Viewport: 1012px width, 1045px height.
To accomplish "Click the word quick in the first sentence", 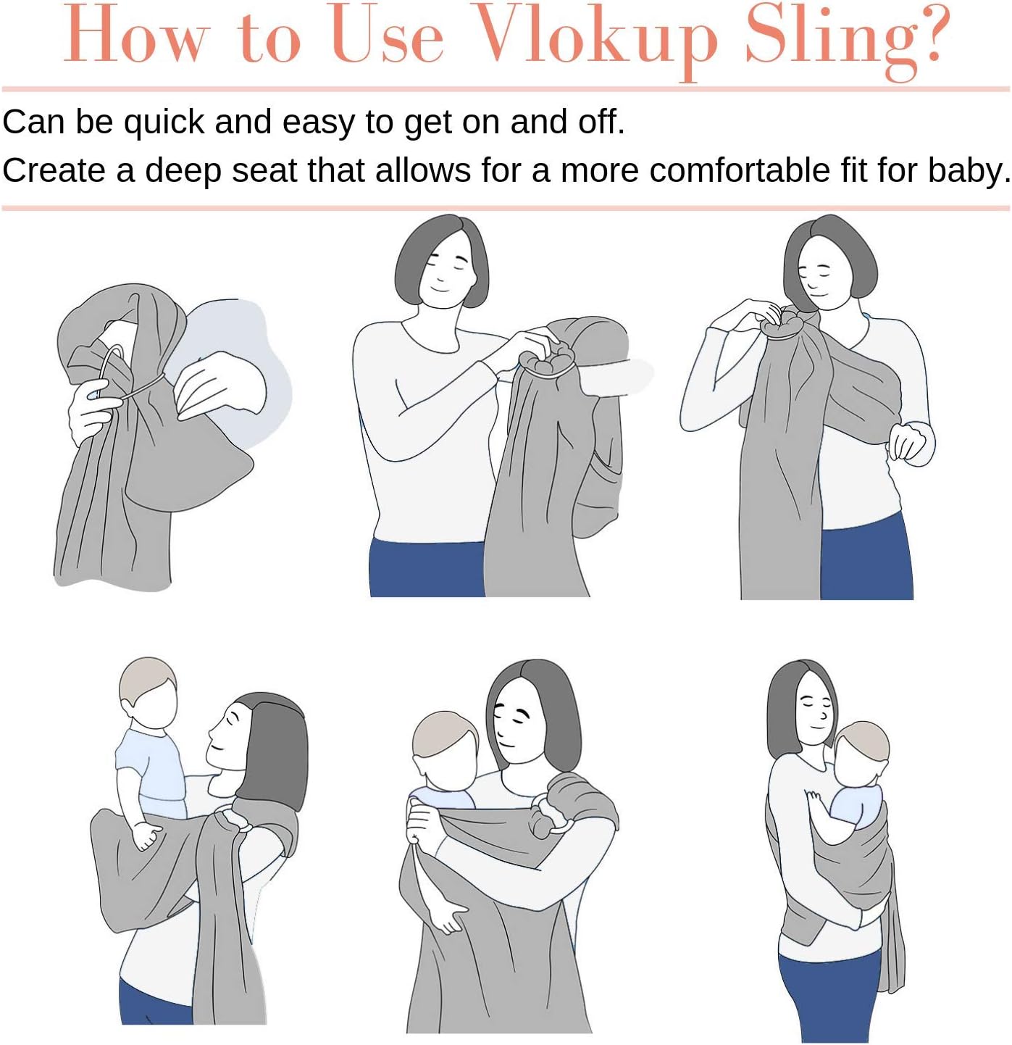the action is point(163,123).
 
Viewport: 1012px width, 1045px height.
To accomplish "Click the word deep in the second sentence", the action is point(183,172).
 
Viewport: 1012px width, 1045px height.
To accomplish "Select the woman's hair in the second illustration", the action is point(441,258).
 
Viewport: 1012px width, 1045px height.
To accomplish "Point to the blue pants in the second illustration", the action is point(427,568).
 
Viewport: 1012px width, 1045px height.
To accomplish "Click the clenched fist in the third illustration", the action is point(909,443).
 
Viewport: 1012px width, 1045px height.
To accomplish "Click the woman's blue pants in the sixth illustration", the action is point(829,996).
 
